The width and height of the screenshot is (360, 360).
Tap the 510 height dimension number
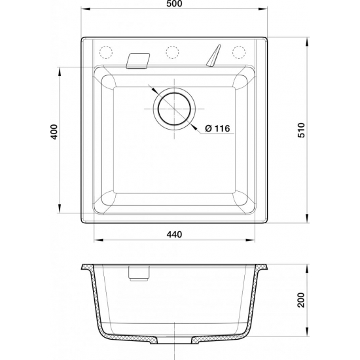pos(302,130)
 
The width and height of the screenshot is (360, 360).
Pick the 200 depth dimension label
pos(302,300)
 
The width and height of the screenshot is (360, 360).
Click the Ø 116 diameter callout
pos(216,128)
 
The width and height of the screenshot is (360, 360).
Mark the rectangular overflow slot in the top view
pos(137,60)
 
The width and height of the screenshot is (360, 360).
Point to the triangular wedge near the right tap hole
pos(213,58)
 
